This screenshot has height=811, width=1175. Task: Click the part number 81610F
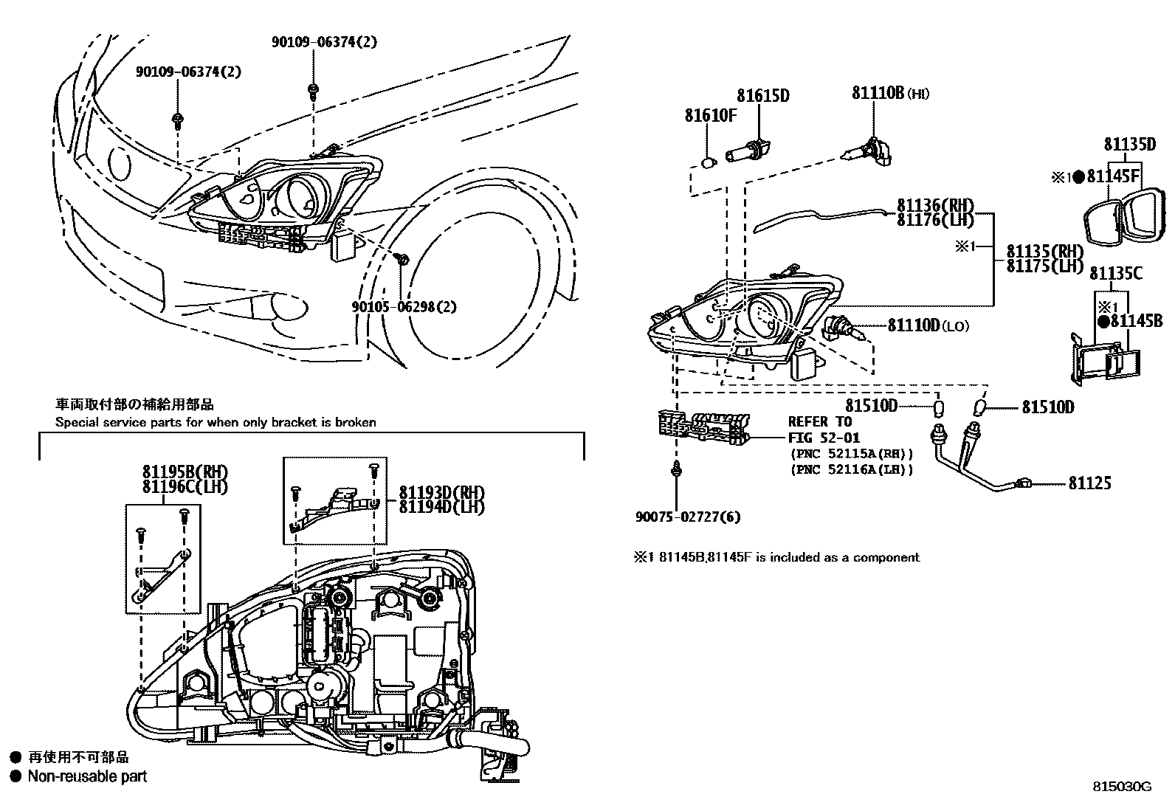point(710,116)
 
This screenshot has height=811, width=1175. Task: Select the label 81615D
point(763,95)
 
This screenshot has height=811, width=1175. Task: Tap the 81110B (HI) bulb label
point(890,93)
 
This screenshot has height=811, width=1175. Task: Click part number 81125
point(1089,483)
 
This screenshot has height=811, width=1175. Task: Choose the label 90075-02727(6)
point(687,517)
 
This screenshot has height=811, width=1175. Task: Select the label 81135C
point(1115,274)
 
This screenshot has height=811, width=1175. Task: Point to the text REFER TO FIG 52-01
point(819,429)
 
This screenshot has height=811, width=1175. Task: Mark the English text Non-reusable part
point(87,776)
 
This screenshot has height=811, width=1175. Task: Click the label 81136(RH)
point(935,206)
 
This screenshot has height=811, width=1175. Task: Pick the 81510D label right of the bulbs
point(1047,407)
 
